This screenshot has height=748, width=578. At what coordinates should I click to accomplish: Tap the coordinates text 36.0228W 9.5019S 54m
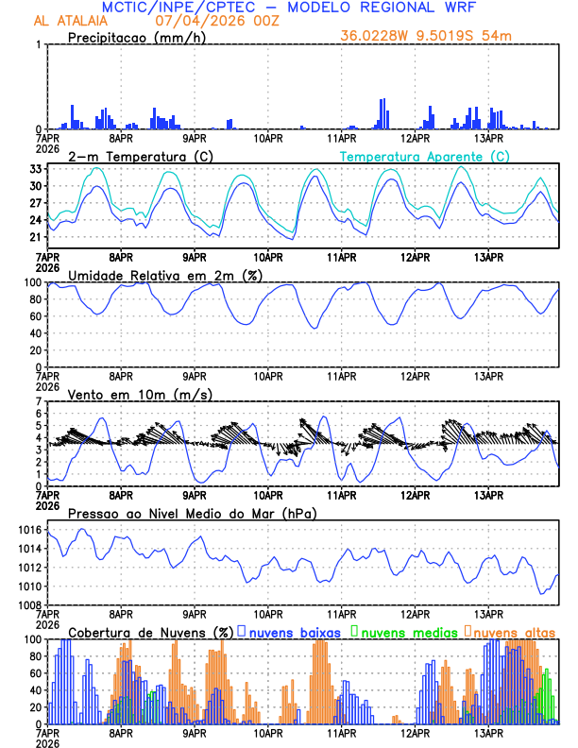(x=427, y=37)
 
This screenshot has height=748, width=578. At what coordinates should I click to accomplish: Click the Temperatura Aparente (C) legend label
(x=425, y=156)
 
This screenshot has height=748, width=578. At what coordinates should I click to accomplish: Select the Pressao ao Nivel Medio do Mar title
(x=192, y=514)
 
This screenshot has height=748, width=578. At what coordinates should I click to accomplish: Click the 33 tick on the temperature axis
(x=33, y=169)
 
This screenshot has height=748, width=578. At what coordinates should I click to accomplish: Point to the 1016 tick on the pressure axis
(x=27, y=531)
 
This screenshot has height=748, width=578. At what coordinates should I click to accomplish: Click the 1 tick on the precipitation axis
(x=38, y=45)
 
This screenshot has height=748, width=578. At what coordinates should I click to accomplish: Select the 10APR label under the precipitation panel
(x=268, y=140)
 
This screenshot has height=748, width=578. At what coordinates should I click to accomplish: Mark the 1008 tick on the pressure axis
(x=27, y=604)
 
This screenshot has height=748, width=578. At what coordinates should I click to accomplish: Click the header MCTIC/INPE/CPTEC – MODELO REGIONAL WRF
(x=288, y=7)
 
